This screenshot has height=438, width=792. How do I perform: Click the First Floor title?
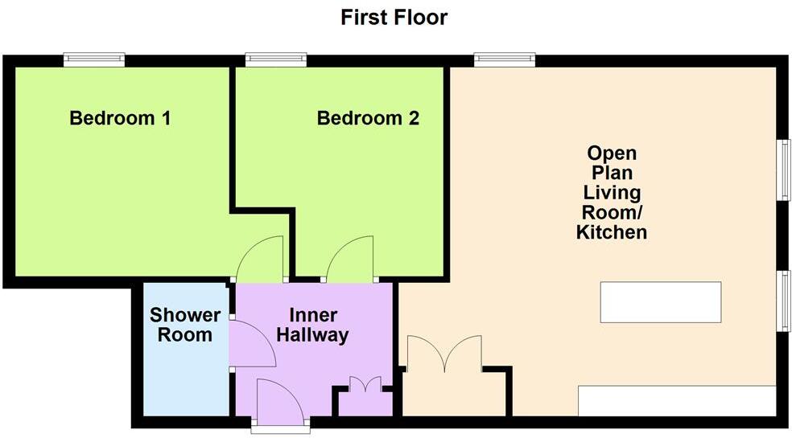(394, 17)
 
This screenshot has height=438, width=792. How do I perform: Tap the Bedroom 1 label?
(120, 119)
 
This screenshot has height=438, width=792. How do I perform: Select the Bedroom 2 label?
(368, 119)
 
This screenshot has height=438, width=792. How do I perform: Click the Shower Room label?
(181, 325)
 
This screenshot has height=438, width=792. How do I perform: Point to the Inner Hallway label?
(312, 325)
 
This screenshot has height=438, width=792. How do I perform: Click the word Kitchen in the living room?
(612, 233)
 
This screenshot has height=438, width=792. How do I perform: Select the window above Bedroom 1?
(95, 58)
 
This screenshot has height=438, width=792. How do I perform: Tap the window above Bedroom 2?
(276, 58)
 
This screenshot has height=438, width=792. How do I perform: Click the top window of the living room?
(505, 58)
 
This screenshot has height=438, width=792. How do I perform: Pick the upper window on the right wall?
(782, 170)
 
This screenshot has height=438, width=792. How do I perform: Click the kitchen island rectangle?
(660, 302)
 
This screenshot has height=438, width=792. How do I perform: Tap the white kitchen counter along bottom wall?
(677, 401)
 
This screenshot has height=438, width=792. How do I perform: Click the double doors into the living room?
(444, 354)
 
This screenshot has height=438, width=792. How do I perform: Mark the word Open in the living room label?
(612, 154)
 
